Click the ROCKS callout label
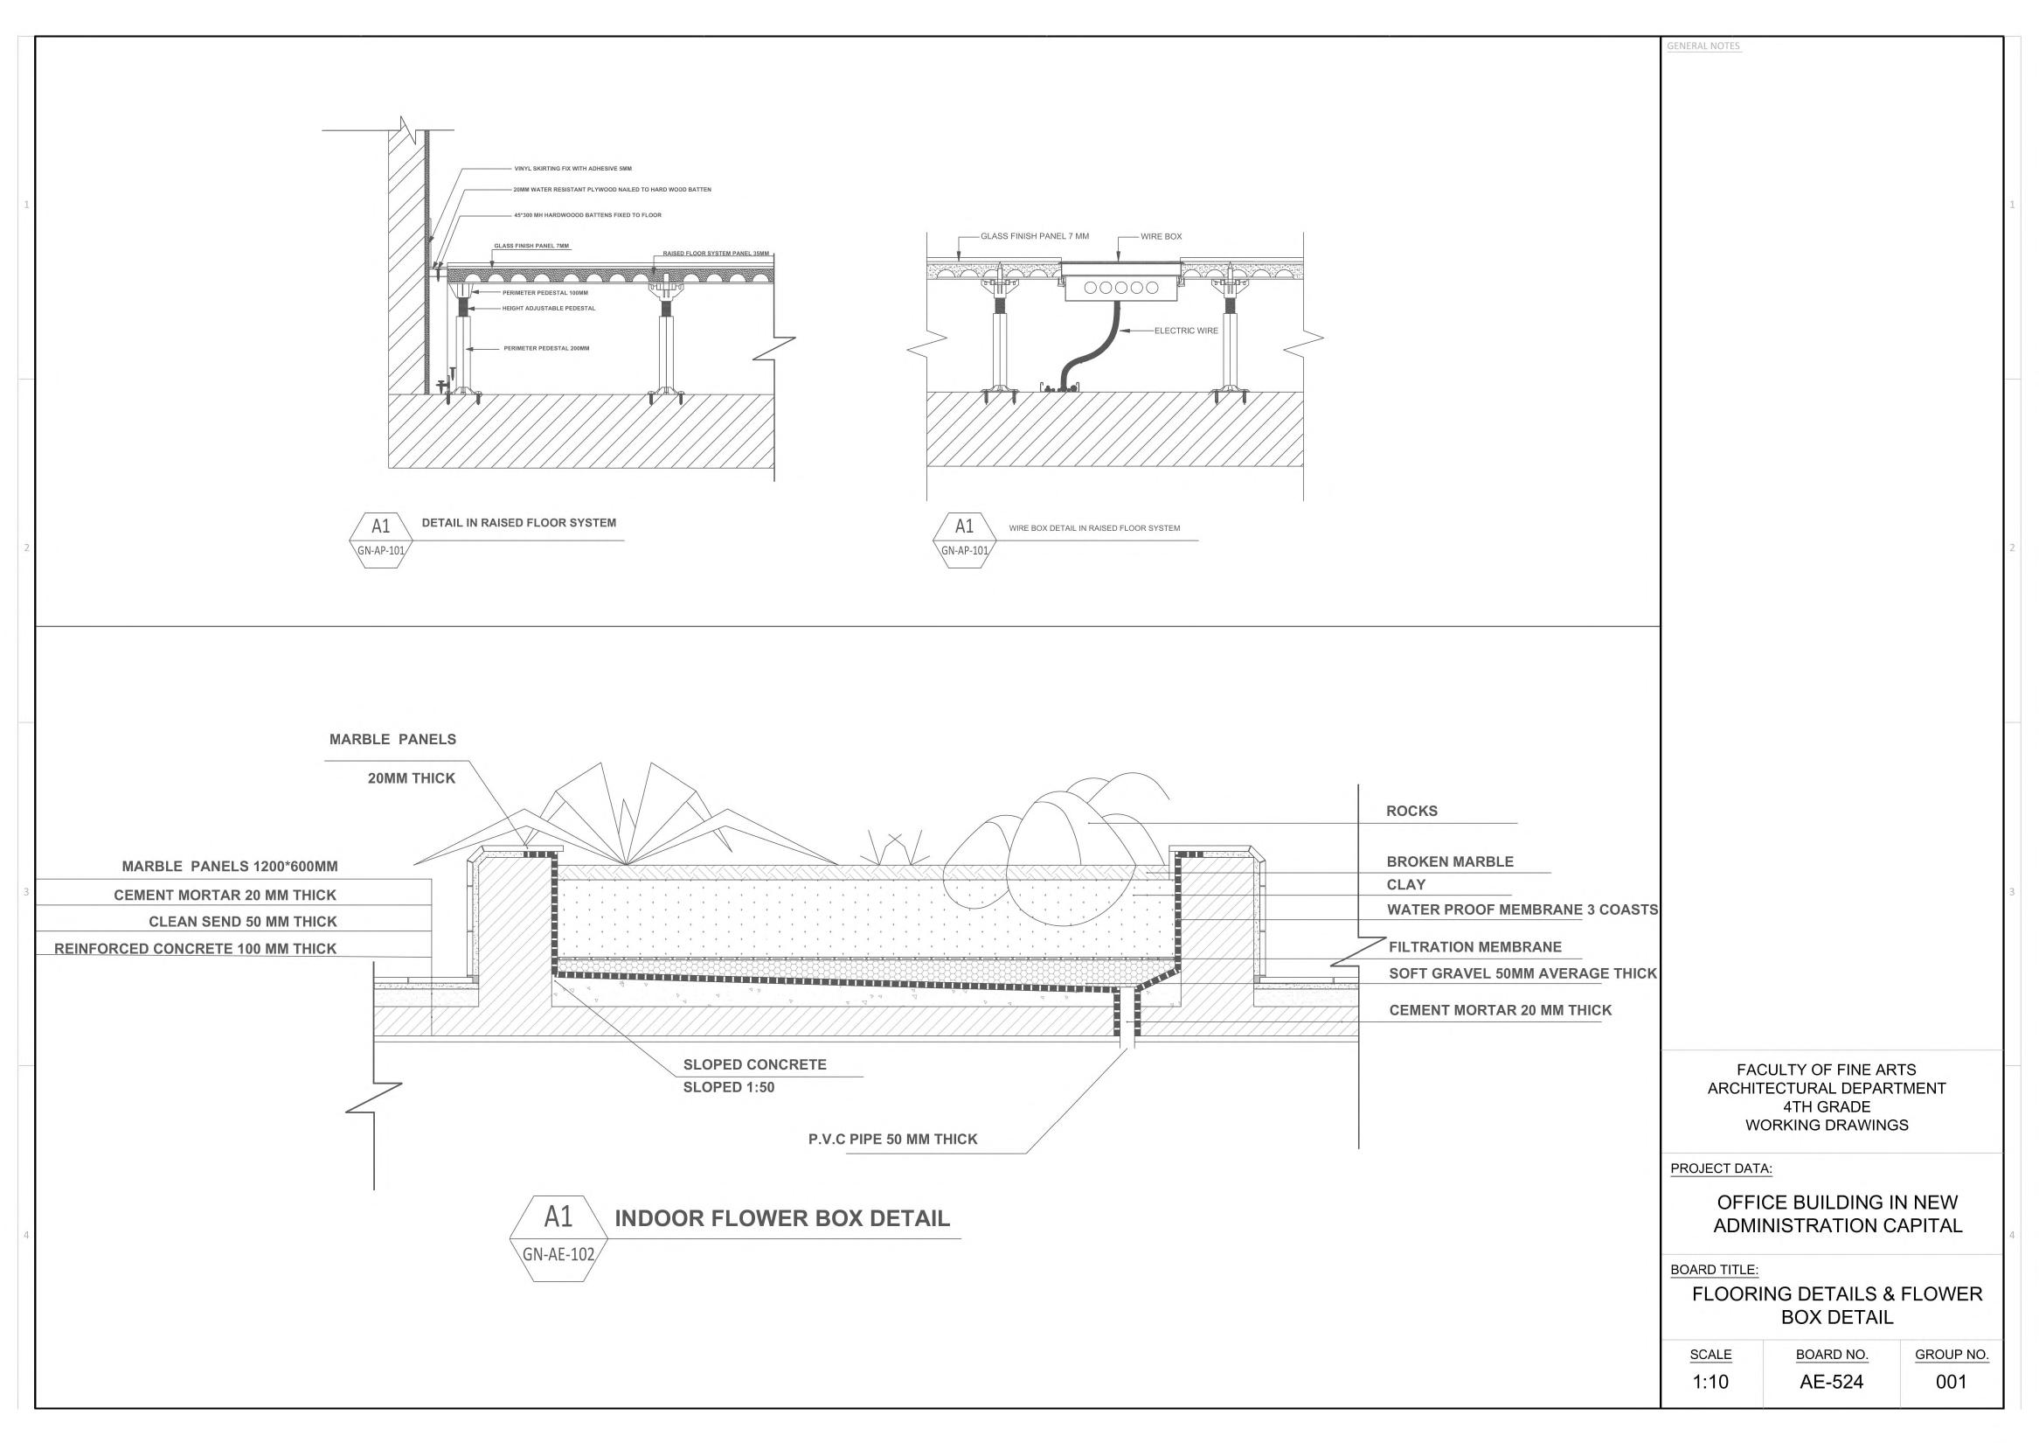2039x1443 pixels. [x=1411, y=812]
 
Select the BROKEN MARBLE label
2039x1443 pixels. [x=1449, y=862]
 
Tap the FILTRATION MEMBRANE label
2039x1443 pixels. [x=1474, y=947]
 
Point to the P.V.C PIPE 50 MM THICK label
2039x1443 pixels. [x=892, y=1140]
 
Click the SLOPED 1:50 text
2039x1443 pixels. [x=728, y=1088]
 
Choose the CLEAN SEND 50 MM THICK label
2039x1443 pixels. [x=242, y=923]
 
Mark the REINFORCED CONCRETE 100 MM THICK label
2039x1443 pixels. [x=196, y=949]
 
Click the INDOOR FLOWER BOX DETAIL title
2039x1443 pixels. [x=781, y=1218]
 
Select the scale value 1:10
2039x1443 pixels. [x=1710, y=1382]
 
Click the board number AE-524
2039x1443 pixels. [x=1831, y=1382]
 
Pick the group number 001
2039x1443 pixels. [x=1951, y=1382]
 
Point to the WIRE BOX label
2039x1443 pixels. [x=1161, y=237]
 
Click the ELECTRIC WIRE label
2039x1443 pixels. [x=1186, y=331]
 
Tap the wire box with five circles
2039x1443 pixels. [x=1122, y=288]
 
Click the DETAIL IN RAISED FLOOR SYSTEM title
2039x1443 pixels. [x=518, y=523]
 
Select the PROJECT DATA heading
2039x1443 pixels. [x=1721, y=1168]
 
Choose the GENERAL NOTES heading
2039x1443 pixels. [x=1703, y=46]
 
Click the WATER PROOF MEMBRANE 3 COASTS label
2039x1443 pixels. [x=1522, y=910]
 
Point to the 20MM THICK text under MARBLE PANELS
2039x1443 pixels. [x=411, y=778]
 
